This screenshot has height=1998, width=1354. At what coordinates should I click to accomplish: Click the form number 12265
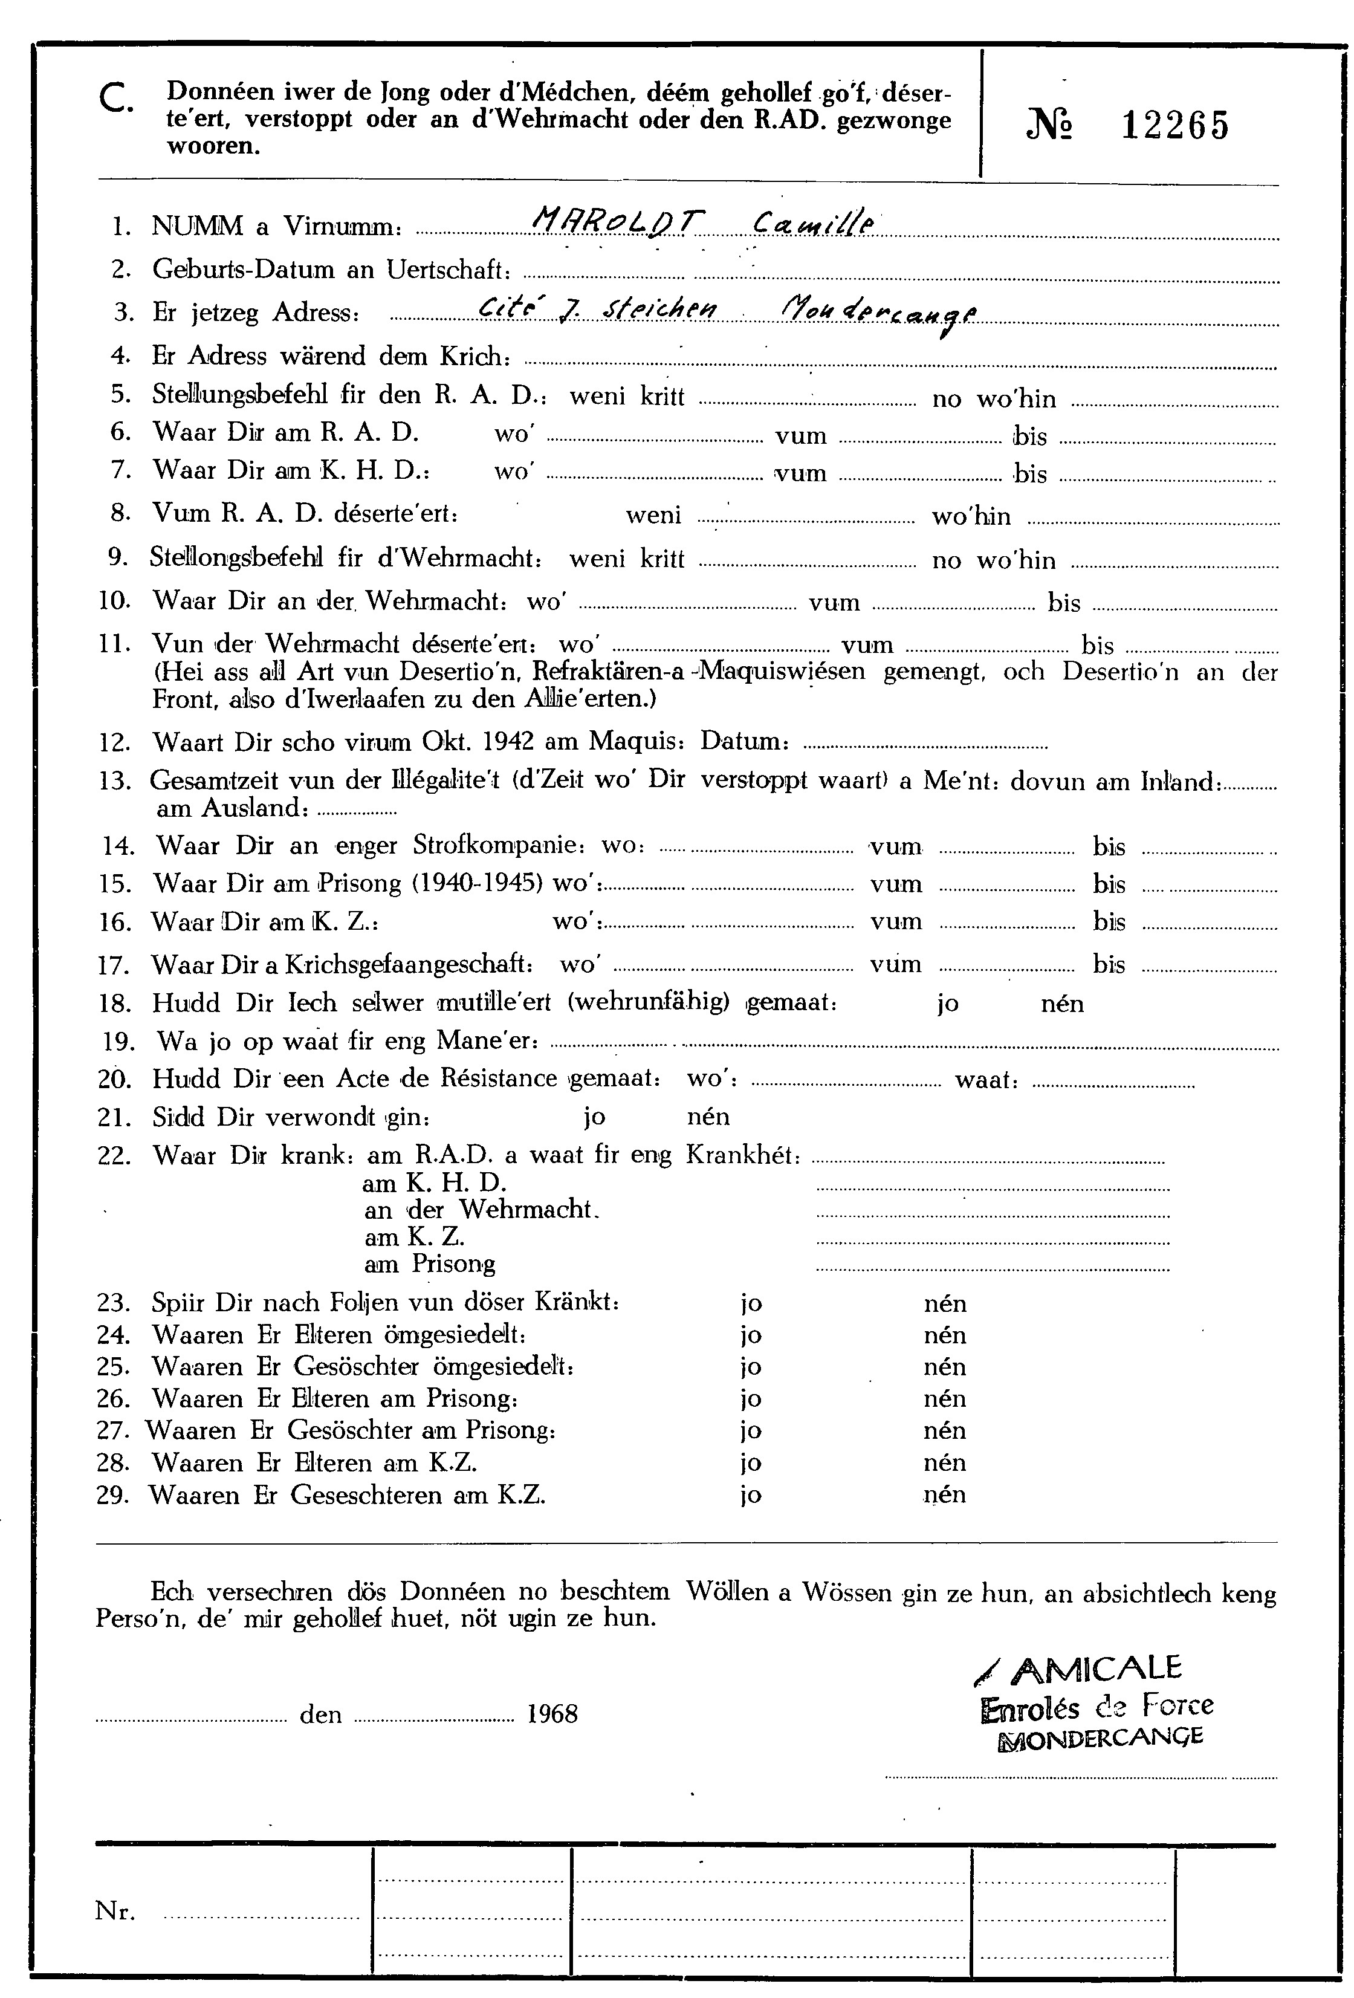pos(1175,127)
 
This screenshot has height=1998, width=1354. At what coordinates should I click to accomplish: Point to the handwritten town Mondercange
pos(877,314)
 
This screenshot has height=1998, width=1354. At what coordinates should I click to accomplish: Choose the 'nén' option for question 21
pos(708,1117)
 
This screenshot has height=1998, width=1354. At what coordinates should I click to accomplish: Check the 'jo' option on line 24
pos(751,1335)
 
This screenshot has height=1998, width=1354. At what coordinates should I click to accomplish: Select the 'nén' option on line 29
pos(945,1495)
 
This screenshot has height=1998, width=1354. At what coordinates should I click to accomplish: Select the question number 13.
pos(114,782)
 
